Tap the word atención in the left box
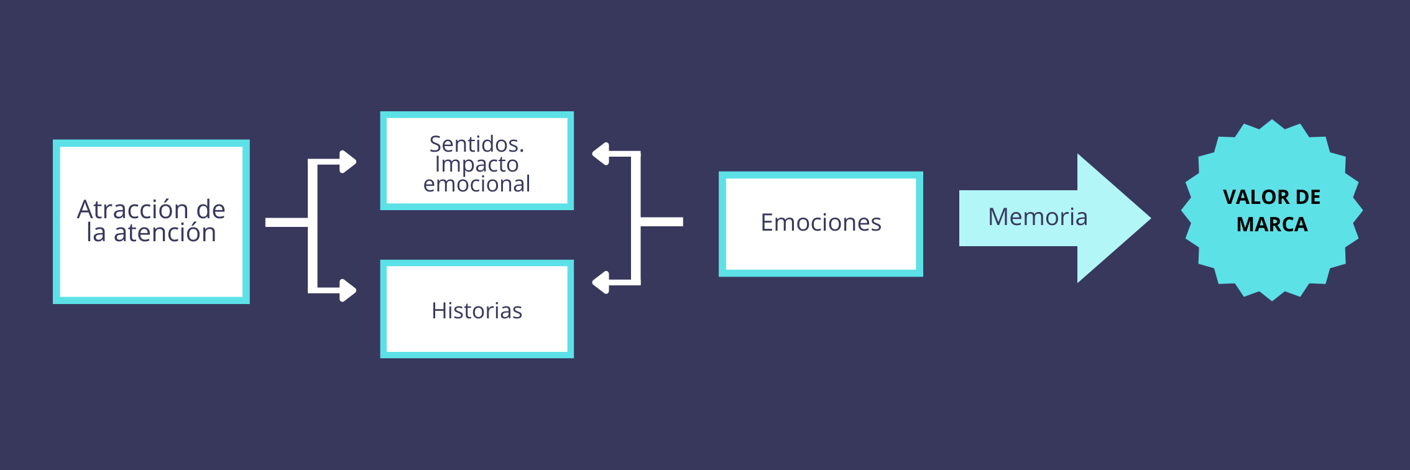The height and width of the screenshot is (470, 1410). pyautogui.click(x=165, y=233)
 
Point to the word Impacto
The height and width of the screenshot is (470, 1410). pyautogui.click(x=476, y=164)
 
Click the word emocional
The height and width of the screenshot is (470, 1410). pyautogui.click(x=476, y=184)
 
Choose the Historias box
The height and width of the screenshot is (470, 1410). pyautogui.click(x=477, y=310)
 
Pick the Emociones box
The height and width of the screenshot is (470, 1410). pyautogui.click(x=821, y=223)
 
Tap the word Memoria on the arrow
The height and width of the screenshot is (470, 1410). pyautogui.click(x=1038, y=217)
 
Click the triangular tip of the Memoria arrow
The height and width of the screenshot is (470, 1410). pyautogui.click(x=1119, y=218)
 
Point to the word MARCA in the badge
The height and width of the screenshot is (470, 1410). pyautogui.click(x=1272, y=224)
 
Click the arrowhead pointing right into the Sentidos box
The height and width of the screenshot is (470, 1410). pyautogui.click(x=348, y=162)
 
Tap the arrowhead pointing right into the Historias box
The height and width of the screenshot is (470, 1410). pyautogui.click(x=348, y=290)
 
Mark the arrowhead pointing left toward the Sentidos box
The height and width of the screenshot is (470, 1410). pyautogui.click(x=601, y=154)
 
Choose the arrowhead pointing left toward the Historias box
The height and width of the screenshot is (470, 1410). pyautogui.click(x=601, y=282)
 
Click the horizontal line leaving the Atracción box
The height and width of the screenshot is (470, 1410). pyautogui.click(x=286, y=223)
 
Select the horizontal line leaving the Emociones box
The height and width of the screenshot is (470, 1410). pyautogui.click(x=662, y=222)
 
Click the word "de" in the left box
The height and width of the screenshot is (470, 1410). pyautogui.click(x=211, y=210)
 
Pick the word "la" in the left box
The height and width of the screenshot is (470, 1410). pyautogui.click(x=96, y=233)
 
